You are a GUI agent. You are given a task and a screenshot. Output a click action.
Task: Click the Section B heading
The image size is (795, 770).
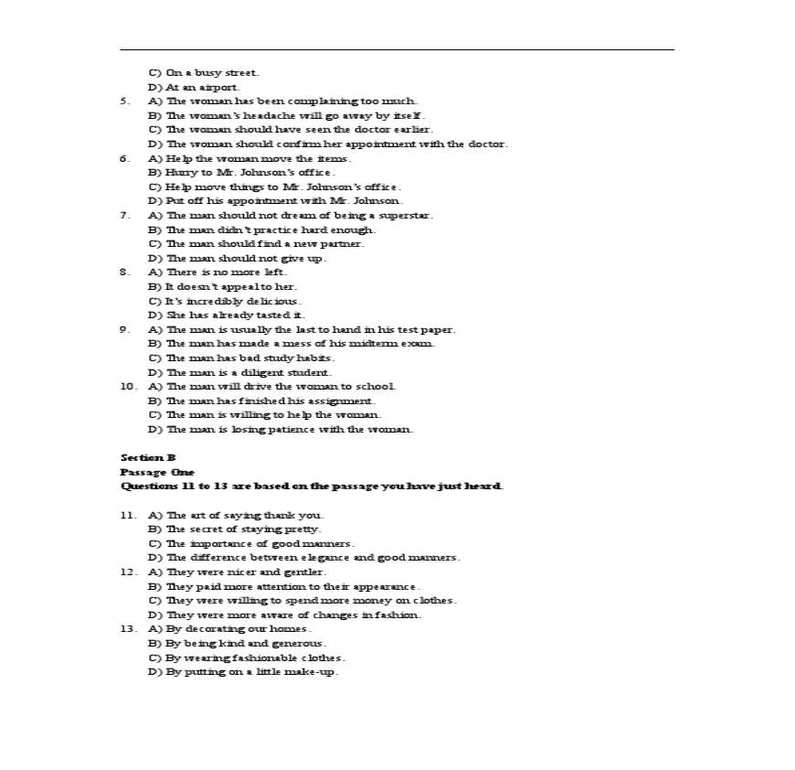[x=148, y=457]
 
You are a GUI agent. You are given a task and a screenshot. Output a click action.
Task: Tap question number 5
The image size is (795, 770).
[x=124, y=101]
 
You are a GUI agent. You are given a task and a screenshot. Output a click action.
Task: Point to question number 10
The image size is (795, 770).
[x=128, y=386]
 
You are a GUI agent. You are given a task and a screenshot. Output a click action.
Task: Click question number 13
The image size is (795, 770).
[x=128, y=629]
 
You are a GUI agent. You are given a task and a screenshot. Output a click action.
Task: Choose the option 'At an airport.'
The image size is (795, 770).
[x=194, y=87]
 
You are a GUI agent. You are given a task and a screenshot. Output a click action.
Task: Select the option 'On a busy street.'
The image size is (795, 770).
[x=204, y=72]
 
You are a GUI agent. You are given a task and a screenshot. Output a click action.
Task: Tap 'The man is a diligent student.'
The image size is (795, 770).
[x=240, y=372]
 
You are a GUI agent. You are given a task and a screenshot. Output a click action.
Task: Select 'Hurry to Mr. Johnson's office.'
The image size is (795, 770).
[x=242, y=172]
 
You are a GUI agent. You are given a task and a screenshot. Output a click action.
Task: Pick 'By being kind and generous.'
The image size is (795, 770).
[x=237, y=643]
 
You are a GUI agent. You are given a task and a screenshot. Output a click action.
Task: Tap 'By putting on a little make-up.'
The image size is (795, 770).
[x=243, y=672]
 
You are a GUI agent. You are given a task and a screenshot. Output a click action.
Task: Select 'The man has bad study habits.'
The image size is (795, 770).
[x=242, y=358]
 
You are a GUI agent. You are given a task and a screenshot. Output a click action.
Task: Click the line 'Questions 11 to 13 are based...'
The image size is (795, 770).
[x=312, y=486]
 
